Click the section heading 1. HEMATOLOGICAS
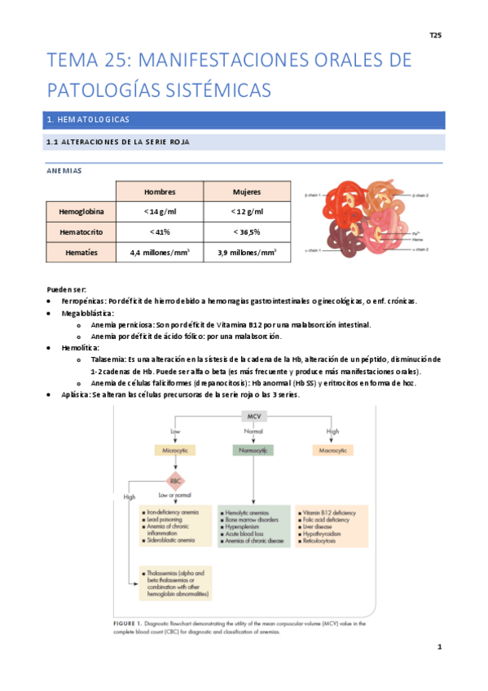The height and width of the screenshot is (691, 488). tap(89, 120)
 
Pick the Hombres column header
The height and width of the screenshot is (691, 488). tap(159, 191)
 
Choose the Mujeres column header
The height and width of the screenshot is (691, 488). tap(247, 191)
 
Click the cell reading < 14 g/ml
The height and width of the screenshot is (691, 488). tap(159, 212)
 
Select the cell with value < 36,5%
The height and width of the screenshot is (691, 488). tap(247, 231)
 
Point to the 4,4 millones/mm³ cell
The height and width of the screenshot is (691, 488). tap(159, 253)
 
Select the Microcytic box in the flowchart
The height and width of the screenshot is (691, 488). tap(174, 449)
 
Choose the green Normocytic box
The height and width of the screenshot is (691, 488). tap(254, 449)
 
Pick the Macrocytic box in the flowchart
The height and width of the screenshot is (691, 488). tap(332, 449)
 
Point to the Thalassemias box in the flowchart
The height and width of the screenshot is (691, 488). tap(175, 583)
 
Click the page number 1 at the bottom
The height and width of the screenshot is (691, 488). tap(438, 647)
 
